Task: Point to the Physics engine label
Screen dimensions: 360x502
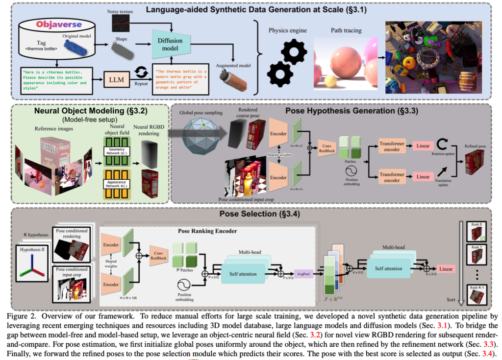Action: tap(287, 30)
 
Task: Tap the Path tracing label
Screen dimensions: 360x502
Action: tap(338, 30)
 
